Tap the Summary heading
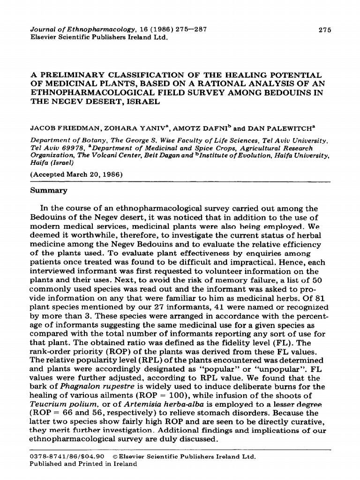click(49, 191)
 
